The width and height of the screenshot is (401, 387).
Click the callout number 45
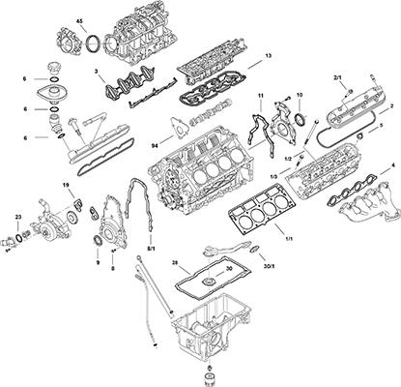(79, 20)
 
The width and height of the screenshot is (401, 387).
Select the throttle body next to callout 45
(70, 43)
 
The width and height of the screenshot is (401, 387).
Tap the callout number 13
(268, 57)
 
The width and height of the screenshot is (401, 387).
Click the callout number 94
(156, 144)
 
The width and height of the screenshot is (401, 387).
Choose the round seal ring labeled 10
(299, 120)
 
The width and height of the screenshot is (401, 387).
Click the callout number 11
(260, 95)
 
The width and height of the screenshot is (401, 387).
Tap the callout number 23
(18, 217)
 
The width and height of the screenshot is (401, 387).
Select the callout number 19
(66, 185)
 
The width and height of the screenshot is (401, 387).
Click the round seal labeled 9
(99, 240)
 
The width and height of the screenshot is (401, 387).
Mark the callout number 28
(174, 262)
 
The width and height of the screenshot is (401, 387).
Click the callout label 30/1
(268, 266)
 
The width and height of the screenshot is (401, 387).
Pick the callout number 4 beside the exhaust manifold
(391, 166)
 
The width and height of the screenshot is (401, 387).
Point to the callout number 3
(96, 72)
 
